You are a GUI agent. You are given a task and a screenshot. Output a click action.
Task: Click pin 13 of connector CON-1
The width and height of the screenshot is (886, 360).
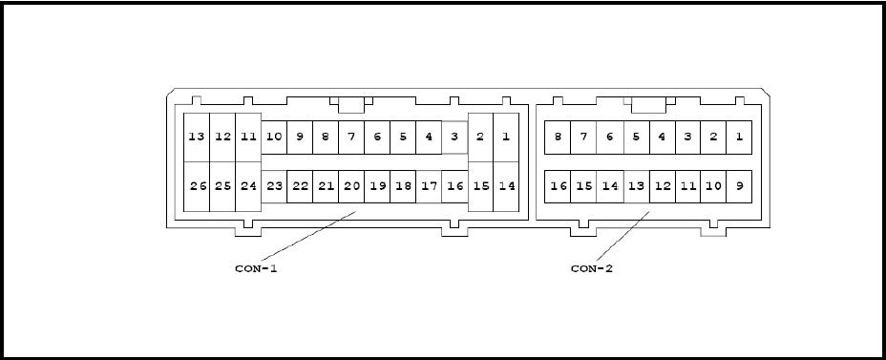tap(197, 137)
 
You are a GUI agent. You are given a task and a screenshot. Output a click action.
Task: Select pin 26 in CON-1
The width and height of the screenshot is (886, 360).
tap(197, 186)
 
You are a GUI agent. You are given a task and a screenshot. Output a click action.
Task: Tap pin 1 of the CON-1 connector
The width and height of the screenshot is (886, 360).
tap(506, 137)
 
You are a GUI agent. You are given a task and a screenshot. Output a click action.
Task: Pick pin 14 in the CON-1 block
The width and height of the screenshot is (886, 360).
tap(506, 186)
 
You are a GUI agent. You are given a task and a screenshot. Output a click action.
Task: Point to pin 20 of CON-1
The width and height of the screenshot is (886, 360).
tap(351, 186)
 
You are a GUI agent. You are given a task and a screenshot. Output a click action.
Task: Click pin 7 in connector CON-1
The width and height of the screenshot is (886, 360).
tap(351, 137)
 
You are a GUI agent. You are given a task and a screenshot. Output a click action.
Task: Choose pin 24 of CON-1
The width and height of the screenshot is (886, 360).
tap(248, 186)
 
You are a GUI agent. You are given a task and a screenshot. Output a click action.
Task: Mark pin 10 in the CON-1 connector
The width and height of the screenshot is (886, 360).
tap(274, 137)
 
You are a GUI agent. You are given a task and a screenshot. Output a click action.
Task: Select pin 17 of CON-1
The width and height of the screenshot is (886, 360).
tap(429, 186)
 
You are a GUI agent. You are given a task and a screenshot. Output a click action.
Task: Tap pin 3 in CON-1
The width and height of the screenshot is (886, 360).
tap(454, 137)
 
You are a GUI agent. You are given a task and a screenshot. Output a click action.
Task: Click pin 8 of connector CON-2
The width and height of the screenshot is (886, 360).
tap(558, 137)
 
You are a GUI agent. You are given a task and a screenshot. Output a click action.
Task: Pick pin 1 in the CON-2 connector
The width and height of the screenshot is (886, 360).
tap(739, 137)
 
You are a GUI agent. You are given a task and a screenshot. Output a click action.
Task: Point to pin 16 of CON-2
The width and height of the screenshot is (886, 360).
tap(558, 186)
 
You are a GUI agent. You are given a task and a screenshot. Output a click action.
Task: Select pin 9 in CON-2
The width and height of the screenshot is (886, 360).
tap(739, 186)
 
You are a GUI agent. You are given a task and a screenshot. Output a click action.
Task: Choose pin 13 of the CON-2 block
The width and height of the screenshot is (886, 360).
tap(636, 186)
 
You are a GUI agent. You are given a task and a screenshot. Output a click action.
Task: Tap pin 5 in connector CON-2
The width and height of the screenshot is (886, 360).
tap(636, 137)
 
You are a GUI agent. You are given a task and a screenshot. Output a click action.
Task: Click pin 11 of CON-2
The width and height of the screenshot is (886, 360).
tap(687, 186)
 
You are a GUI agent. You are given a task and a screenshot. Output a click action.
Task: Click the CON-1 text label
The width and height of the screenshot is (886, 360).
tap(256, 268)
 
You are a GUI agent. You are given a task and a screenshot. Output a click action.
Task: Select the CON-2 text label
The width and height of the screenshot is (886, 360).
tap(592, 268)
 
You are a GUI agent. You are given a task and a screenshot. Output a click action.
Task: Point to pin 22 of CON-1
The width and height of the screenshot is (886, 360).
tap(300, 186)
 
